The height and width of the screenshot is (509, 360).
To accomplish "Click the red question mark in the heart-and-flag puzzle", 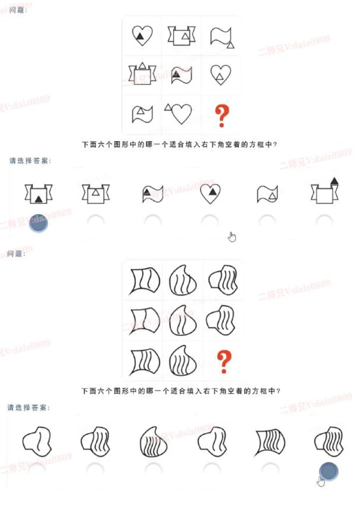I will (220, 116).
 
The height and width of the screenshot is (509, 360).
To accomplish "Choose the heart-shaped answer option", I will (211, 194).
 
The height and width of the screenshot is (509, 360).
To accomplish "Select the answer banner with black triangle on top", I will (325, 191).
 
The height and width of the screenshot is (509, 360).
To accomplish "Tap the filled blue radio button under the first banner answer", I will (39, 223).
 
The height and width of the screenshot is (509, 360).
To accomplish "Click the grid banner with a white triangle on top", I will (143, 73).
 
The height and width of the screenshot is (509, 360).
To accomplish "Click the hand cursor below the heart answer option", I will (232, 237).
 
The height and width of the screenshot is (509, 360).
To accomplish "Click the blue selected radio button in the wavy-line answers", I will (328, 471).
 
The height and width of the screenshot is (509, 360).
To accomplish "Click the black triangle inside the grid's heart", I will (140, 37).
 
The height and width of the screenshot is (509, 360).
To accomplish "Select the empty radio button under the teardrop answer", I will (153, 468).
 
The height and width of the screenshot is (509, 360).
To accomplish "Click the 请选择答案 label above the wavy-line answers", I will (29, 408).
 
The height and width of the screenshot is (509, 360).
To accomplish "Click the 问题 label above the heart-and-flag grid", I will (18, 9).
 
